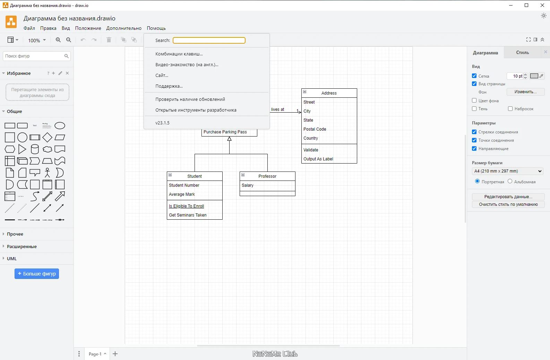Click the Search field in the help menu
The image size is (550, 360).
[x=209, y=40]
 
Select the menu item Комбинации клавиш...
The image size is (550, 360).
[x=179, y=54]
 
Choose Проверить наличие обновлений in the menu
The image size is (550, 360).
[x=190, y=99]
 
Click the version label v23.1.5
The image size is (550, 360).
[x=162, y=123]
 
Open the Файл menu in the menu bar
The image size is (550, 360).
[x=29, y=28]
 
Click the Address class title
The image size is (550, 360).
[x=329, y=93]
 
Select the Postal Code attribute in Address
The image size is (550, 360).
[x=315, y=129]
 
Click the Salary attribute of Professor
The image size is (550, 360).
[x=247, y=185]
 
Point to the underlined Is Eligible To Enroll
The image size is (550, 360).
[x=186, y=206]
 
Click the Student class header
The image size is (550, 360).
[x=195, y=176]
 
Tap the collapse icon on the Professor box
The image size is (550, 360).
[x=243, y=175]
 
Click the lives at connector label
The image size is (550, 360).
[x=277, y=109]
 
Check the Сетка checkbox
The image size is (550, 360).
[x=474, y=76]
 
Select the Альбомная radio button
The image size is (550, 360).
[x=510, y=181]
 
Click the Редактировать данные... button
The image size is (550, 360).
[x=508, y=196]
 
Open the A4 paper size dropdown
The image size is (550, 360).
[x=508, y=171]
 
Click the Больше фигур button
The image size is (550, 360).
[x=36, y=274]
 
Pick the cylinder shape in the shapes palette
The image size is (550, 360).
[x=35, y=149]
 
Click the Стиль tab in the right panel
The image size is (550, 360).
[x=522, y=53]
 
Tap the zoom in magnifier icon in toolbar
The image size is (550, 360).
[x=58, y=40]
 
